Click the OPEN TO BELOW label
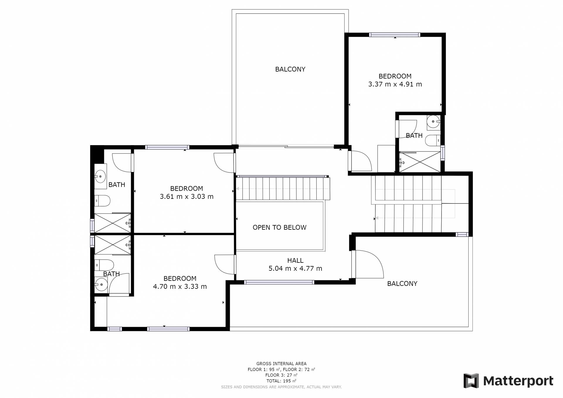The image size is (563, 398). point(279,227)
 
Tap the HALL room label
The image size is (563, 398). point(295,260)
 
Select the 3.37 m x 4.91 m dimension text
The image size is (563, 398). point(395,84)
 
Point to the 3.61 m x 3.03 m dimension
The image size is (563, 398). point(186,197)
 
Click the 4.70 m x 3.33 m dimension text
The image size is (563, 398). point(180,287)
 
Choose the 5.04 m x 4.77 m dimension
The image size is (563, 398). point(295,268)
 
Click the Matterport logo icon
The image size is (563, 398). point(471,381)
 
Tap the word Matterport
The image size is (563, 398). point(518,381)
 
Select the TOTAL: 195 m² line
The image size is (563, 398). point(281,381)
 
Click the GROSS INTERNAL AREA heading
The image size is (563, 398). point(281,364)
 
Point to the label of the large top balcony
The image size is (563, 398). point(290,69)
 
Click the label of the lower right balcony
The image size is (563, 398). point(402,284)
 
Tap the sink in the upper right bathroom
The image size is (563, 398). point(433,122)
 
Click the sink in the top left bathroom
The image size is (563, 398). point(100,177)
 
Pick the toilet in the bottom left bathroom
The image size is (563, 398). point(104,265)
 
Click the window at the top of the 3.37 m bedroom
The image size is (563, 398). point(394,35)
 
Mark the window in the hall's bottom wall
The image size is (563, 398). point(279,282)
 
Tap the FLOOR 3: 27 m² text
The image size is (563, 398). point(281,375)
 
